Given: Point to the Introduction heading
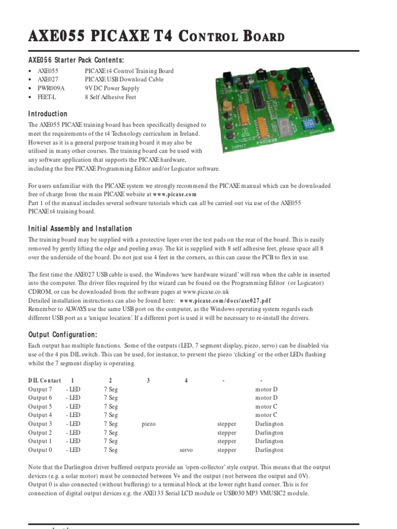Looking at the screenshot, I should pos(48,114).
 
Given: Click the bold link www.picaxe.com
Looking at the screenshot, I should pos(175,194).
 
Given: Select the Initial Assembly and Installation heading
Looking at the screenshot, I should pos(80,229).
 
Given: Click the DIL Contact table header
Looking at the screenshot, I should pos(44,380).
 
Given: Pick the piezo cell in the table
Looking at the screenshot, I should pos(148,424).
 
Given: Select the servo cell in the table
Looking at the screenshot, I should pos(186,450).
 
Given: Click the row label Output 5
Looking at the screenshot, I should pos(40,406).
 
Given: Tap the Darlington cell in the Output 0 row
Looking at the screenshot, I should pos(269,450).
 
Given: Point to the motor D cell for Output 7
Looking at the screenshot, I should pos(266,389).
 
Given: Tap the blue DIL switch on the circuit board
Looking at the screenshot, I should pos(310,123).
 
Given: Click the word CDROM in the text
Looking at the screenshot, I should pos(41,292).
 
